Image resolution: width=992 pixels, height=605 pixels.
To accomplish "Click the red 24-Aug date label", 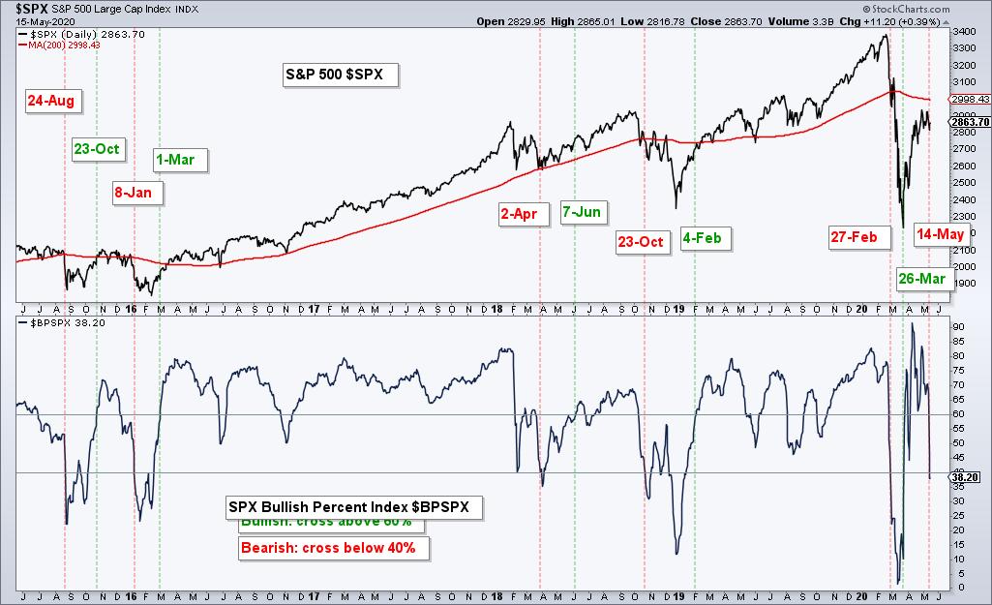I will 50,100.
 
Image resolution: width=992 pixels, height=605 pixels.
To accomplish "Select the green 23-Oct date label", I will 97,148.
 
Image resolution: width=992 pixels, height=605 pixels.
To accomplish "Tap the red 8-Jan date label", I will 135,192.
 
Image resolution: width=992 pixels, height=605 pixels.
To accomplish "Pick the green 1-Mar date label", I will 181,159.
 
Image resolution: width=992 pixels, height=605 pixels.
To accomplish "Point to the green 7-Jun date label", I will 582,212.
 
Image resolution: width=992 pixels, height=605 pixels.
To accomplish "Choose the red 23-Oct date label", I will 642,241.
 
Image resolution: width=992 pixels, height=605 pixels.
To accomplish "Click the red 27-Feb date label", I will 858,236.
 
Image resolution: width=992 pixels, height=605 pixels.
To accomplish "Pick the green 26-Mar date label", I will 920,279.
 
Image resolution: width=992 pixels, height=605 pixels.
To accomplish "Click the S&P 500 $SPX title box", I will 342,75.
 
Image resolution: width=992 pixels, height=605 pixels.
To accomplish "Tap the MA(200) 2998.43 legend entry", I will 62,44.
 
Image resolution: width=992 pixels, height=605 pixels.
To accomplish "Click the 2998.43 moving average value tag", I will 969,99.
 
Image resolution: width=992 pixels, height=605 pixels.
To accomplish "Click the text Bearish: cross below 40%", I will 328,548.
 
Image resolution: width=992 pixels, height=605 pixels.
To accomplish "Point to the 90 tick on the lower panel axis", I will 958,327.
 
